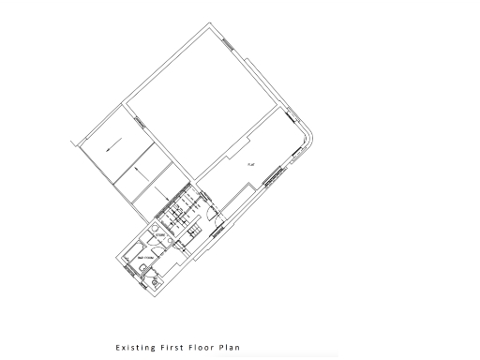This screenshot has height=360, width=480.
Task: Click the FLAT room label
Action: [251, 164]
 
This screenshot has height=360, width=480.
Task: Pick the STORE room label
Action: [161, 235]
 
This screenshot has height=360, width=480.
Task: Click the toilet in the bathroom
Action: [141, 273]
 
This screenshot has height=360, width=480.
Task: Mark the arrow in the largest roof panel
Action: [112, 147]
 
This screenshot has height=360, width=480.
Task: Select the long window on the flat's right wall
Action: [275, 175]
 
